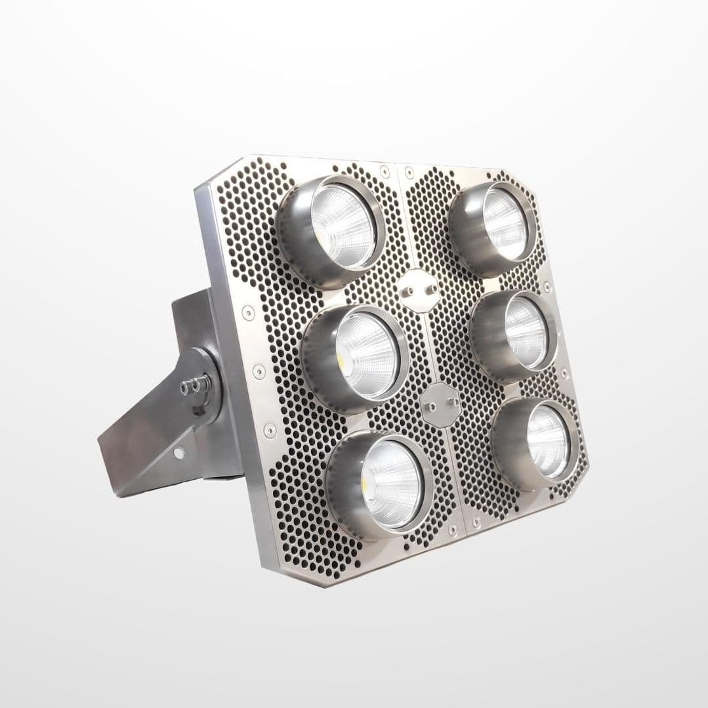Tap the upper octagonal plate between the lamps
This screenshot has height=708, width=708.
click(x=418, y=290)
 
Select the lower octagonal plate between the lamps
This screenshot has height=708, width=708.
click(x=440, y=402)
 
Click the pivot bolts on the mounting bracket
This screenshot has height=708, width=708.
click(x=194, y=386)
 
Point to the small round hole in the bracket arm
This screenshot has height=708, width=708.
click(x=178, y=453)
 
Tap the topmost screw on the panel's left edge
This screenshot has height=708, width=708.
click(x=248, y=312)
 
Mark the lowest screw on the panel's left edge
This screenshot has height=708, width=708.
click(x=269, y=430)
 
